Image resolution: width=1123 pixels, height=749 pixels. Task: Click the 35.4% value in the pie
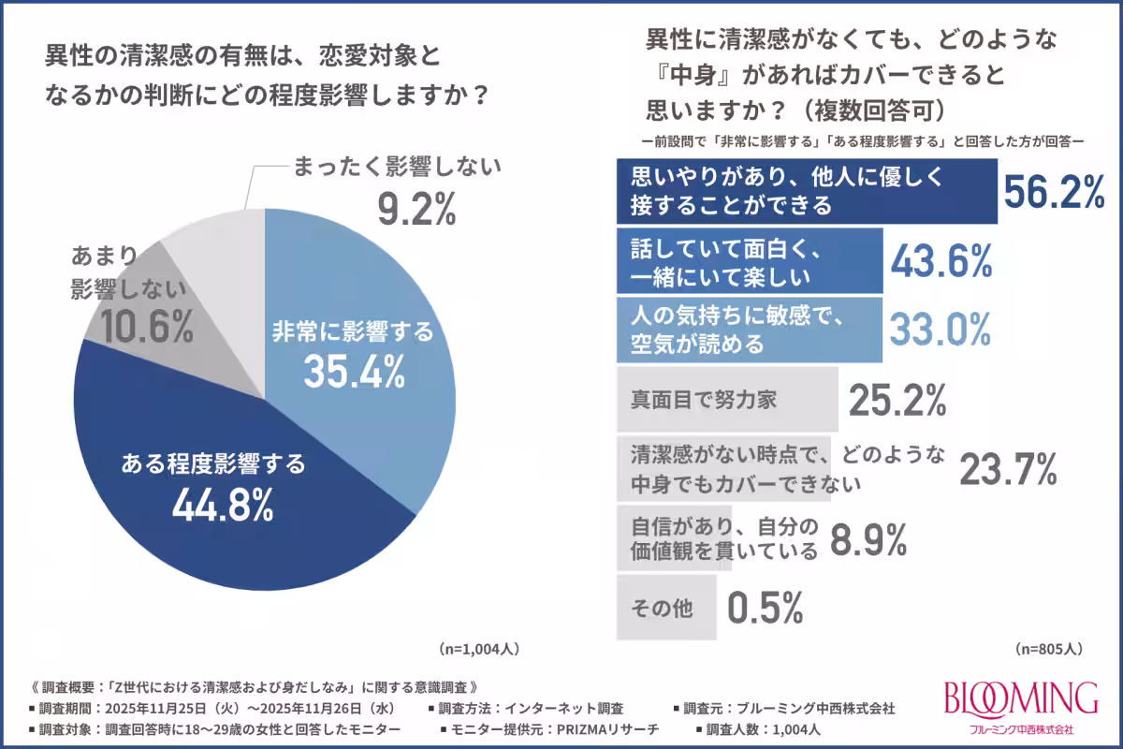tap(353, 373)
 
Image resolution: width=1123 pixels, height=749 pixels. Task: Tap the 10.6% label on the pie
tap(134, 329)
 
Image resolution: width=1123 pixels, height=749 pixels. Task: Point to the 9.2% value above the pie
tap(416, 211)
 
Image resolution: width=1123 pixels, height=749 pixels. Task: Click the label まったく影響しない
tap(398, 169)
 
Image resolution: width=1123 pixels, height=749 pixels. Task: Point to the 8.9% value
tap(869, 539)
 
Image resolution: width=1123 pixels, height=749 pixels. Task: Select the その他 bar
tap(666, 609)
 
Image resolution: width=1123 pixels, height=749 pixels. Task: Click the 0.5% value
tap(765, 609)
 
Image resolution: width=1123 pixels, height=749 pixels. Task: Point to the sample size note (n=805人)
tap(1048, 648)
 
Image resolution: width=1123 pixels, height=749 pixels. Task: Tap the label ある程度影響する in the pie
tap(214, 463)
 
